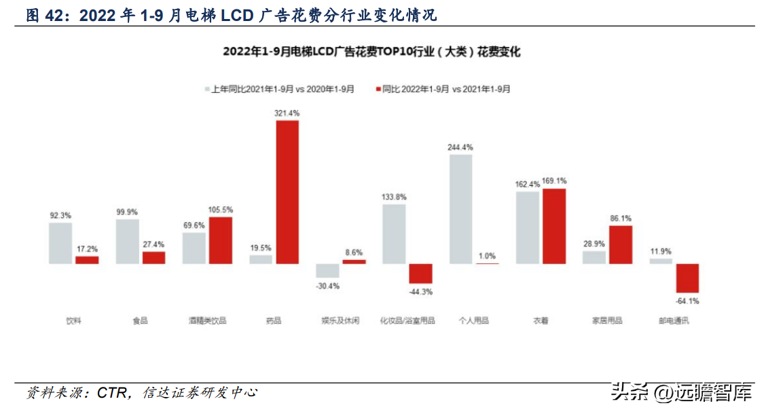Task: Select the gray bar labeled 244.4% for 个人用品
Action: [x=460, y=209]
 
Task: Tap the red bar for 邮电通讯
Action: [x=687, y=278]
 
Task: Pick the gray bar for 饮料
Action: [x=60, y=243]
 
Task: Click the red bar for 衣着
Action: [x=554, y=226]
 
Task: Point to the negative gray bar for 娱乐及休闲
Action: [x=327, y=270]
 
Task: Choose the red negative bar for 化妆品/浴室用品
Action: [x=420, y=273]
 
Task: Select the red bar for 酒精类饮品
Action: [x=220, y=240]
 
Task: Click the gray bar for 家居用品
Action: [x=594, y=257]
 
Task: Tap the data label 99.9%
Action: [x=127, y=212]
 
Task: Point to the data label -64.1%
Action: [x=687, y=301]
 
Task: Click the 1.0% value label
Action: [x=487, y=255]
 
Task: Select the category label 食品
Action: [x=140, y=320]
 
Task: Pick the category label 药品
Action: [x=274, y=320]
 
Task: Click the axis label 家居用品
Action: [x=607, y=320]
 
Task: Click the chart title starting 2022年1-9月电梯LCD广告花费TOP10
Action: [x=371, y=52]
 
